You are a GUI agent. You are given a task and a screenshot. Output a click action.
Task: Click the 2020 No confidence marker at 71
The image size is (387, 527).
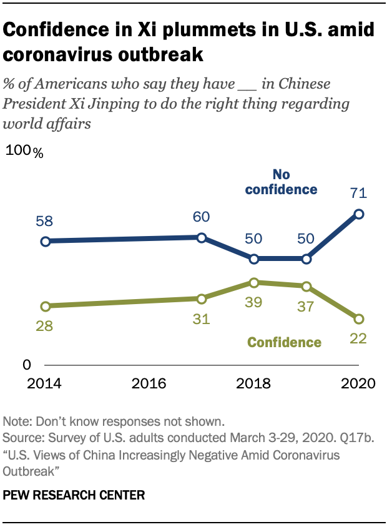[x=359, y=214]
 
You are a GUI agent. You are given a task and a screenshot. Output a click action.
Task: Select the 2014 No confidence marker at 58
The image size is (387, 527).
[x=45, y=241]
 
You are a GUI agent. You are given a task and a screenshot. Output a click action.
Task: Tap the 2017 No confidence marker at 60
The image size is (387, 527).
[x=202, y=237]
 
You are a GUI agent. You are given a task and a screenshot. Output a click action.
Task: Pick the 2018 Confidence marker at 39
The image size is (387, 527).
[x=254, y=283]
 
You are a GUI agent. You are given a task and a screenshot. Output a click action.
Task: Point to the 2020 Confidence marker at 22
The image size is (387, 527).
[x=359, y=319]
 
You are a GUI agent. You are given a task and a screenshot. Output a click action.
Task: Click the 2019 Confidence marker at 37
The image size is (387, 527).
[x=306, y=287]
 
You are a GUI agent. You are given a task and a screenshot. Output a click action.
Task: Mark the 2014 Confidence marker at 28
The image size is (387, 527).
[x=45, y=306]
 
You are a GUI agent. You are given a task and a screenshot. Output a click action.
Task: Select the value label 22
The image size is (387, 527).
[x=358, y=339]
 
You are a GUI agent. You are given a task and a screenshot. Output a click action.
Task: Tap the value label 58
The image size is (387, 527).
[x=45, y=221]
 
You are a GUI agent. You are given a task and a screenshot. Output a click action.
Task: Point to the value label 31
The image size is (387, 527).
[x=201, y=319]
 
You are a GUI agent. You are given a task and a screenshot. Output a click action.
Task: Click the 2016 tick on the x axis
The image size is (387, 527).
[x=149, y=383]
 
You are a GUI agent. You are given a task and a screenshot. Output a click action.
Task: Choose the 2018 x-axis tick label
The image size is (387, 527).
[x=254, y=383]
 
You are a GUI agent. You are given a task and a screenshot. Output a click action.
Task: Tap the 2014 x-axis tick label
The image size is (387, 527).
[x=45, y=383]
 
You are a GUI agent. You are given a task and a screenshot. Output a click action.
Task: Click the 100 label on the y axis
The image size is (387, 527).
[x=19, y=151]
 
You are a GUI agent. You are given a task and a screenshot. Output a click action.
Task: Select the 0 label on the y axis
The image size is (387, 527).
[x=27, y=365]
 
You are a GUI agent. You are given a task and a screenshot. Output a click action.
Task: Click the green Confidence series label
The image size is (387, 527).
[x=284, y=342]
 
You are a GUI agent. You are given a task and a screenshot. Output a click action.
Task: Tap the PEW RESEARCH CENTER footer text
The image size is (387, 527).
[x=74, y=496]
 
